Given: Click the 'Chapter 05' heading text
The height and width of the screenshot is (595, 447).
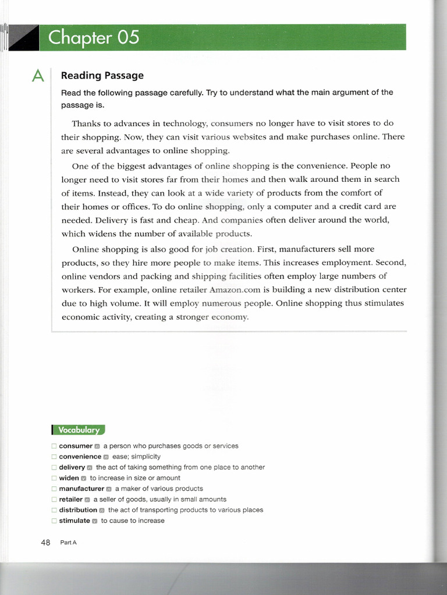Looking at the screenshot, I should (94, 38).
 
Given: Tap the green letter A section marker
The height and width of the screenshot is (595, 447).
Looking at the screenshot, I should (38, 76).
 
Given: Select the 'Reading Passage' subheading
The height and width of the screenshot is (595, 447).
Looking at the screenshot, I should (102, 76).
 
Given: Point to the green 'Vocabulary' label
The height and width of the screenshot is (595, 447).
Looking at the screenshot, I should (79, 430).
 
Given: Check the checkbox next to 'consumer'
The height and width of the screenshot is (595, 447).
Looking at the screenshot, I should (54, 446).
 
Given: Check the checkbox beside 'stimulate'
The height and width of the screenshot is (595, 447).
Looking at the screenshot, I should (54, 521).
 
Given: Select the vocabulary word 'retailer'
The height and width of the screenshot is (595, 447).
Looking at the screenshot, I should (70, 499).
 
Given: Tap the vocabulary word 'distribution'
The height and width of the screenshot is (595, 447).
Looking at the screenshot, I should (78, 510).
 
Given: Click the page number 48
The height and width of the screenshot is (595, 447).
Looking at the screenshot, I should (46, 543).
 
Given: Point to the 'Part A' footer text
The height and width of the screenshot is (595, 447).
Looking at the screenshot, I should (69, 543).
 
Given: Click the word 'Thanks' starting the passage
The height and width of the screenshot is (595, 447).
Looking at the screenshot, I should (86, 123).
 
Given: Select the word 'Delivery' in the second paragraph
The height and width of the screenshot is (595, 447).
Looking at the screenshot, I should (79, 220).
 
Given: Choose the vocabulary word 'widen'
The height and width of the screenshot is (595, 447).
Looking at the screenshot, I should (69, 478).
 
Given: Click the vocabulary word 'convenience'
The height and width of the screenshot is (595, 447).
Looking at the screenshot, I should (80, 457).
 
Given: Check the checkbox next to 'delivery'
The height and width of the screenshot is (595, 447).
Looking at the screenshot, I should (54, 468).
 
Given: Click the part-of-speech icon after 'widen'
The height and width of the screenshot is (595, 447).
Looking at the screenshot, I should (84, 478).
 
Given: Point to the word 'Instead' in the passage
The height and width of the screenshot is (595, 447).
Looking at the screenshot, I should (79, 192).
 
